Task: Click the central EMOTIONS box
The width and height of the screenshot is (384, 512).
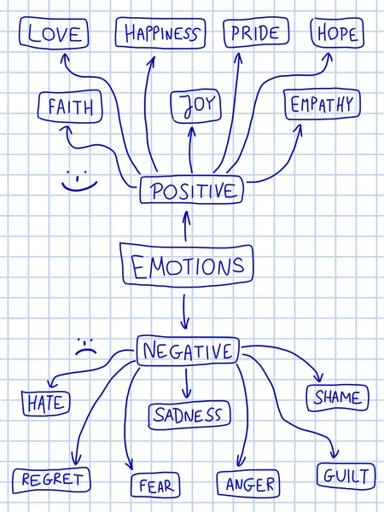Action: tap(186, 265)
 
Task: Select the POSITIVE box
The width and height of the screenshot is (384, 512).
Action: tap(192, 189)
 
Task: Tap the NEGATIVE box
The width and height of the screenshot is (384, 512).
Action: tap(188, 351)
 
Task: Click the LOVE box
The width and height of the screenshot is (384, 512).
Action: tap(54, 33)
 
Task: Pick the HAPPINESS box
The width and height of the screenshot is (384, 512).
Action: tap(160, 33)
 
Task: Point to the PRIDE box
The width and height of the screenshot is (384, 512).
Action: tap(256, 32)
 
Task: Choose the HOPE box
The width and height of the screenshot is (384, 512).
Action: tap(337, 33)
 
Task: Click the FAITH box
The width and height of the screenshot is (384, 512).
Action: tap(70, 106)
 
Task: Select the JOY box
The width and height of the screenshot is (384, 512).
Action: tap(196, 106)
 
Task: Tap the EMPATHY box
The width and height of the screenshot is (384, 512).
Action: tap(323, 104)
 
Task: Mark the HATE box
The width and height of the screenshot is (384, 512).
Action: tap(46, 403)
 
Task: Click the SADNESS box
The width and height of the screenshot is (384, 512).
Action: tap(189, 415)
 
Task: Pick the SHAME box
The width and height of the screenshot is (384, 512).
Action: tap(338, 398)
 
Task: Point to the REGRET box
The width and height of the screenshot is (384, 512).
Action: tap(51, 480)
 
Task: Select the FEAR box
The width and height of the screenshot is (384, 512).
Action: tap(155, 486)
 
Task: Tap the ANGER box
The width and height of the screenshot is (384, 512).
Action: tap(248, 484)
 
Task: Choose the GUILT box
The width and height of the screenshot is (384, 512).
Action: tap(346, 476)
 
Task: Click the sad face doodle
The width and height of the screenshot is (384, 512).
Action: tap(86, 346)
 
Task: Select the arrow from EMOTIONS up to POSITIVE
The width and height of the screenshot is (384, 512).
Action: tap(186, 226)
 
